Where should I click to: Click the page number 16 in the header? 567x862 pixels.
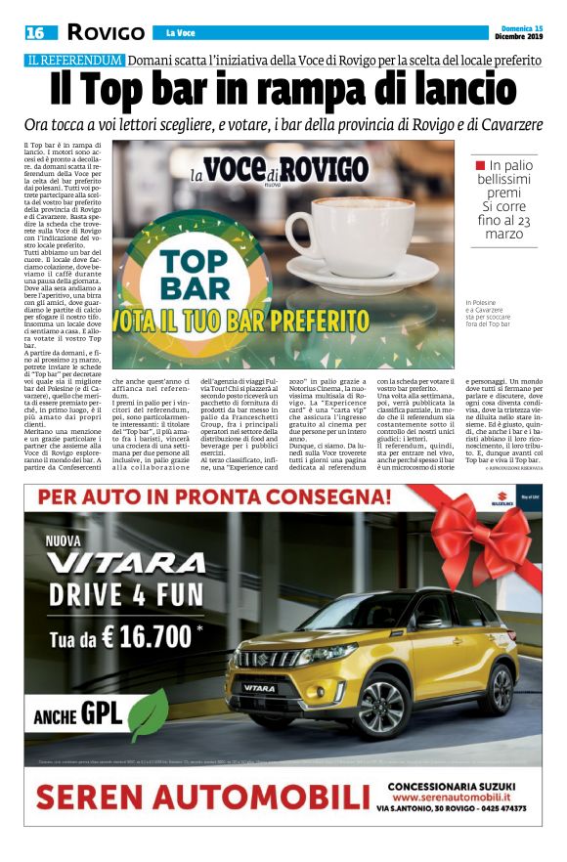click(35, 33)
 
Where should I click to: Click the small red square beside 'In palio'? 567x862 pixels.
click(479, 165)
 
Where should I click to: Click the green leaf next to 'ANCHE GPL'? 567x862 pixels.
click(150, 712)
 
